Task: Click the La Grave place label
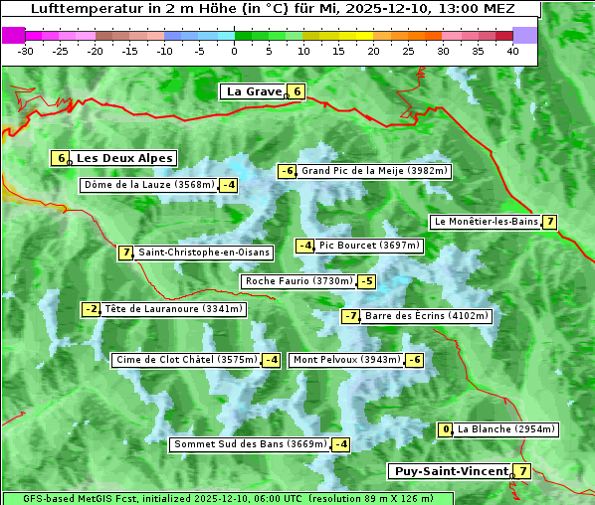[x=253, y=91]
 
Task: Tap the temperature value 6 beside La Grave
[x=297, y=91]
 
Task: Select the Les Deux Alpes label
[x=124, y=158]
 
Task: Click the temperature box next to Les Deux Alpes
[x=61, y=158]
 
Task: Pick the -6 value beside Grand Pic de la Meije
[x=287, y=171]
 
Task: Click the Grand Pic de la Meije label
[x=375, y=171]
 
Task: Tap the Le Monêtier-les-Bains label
[x=486, y=222]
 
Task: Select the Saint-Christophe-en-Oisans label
[x=203, y=252]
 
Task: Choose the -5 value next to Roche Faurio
[x=367, y=281]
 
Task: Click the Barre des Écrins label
[x=427, y=316]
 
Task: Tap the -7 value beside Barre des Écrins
[x=350, y=316]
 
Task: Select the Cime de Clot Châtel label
[x=186, y=360]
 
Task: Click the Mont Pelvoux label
[x=346, y=360]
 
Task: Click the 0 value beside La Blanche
[x=446, y=429]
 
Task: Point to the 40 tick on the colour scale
[x=512, y=51]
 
